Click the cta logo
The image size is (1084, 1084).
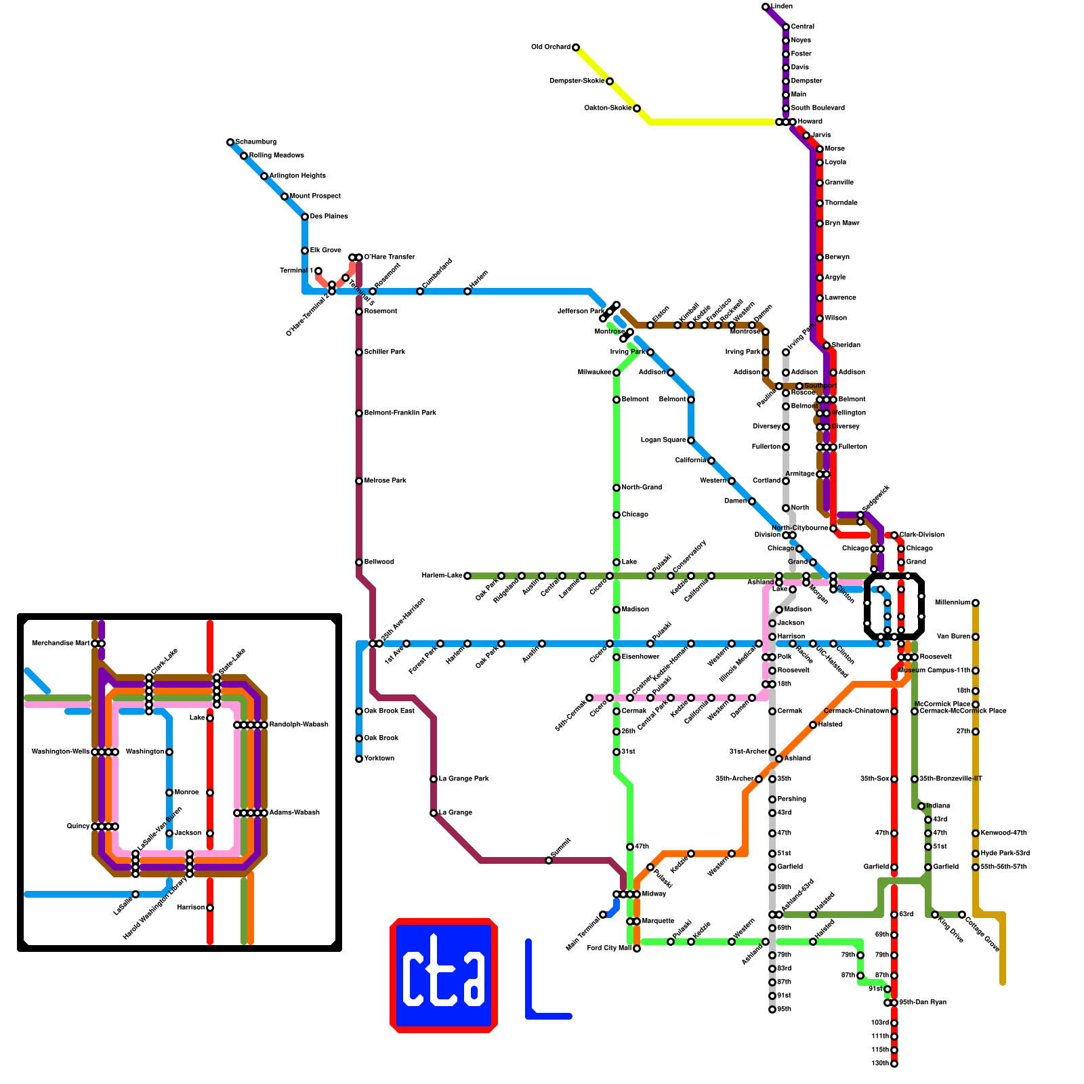[x=444, y=976]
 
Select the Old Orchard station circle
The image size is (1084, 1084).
[x=576, y=47]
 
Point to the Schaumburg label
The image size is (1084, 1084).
[x=255, y=142]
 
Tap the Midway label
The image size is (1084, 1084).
[x=654, y=894]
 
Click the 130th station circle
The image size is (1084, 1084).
[x=894, y=1064]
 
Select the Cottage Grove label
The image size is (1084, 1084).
[x=982, y=934]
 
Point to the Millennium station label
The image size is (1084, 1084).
[x=952, y=603]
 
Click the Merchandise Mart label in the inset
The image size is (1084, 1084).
[x=60, y=644]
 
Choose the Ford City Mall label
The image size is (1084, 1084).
[x=609, y=948]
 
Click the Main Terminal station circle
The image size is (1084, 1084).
[x=603, y=915]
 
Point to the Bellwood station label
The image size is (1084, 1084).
[x=379, y=562]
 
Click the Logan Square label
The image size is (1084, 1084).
[x=663, y=440]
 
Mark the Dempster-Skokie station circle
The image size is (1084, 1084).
[x=610, y=81]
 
